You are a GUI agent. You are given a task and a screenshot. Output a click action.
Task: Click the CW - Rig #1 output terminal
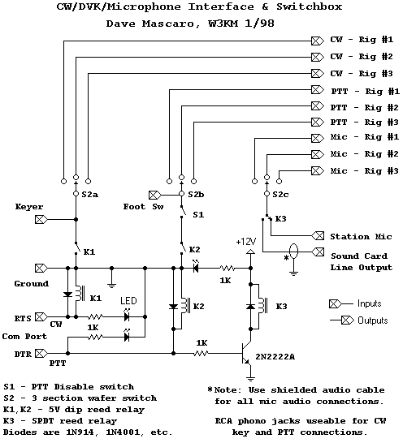pos(318,41)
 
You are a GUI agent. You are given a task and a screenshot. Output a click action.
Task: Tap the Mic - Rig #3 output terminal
pos(318,170)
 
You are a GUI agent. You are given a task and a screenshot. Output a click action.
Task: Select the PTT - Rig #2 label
pos(365,108)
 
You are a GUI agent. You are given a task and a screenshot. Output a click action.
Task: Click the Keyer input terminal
pos(41,220)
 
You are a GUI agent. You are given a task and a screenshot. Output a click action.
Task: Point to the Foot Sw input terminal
pos(155,195)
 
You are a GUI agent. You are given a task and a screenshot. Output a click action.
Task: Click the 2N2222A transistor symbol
pos(245,353)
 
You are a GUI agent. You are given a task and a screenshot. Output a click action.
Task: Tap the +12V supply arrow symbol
pos(250,252)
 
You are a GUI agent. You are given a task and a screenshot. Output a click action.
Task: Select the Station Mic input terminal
pos(318,235)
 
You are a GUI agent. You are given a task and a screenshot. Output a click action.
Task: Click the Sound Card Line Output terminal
pos(318,252)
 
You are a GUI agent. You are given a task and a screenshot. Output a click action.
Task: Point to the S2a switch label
pos(90,195)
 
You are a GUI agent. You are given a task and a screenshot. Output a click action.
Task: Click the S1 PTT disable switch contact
pos(183,212)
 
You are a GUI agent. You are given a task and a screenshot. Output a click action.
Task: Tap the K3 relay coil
pos(262,306)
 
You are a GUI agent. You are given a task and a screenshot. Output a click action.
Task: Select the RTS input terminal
pos(41,317)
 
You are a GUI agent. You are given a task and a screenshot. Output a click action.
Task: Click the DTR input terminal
pos(41,353)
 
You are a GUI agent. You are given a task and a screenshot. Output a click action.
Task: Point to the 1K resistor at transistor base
pos(201,353)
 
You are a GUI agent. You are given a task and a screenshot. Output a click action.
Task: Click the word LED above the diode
pos(128,300)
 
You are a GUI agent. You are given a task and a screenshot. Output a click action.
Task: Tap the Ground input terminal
pos(41,268)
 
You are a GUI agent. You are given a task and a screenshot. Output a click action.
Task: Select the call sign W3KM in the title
pos(223,24)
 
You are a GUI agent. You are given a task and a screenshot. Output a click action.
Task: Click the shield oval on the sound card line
pos(294,252)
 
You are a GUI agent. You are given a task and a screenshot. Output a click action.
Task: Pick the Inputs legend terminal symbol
pos(336,304)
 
